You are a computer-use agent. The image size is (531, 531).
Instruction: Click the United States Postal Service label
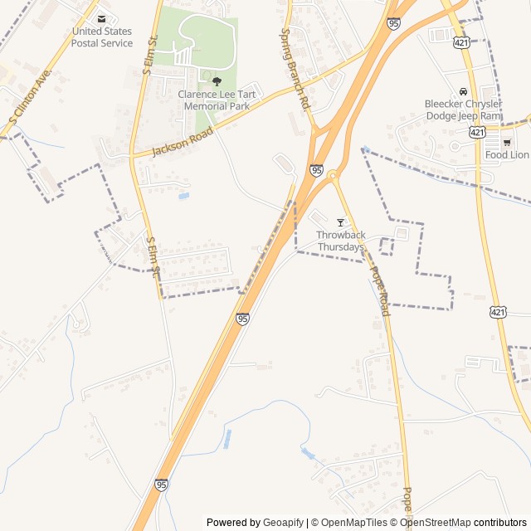click(x=101, y=37)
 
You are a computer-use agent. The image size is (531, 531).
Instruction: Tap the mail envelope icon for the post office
click(x=101, y=18)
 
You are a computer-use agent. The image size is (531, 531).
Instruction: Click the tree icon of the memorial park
click(x=217, y=81)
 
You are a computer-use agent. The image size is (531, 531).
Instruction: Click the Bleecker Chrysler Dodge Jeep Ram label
click(x=462, y=110)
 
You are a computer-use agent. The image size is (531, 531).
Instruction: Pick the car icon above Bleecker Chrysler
click(x=462, y=91)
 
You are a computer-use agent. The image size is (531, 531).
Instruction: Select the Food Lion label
click(x=507, y=155)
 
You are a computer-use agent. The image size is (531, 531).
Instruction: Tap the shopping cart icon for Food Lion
click(x=507, y=142)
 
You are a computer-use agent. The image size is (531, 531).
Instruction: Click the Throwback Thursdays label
click(x=340, y=241)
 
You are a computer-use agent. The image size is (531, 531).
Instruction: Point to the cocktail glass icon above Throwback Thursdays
click(x=340, y=223)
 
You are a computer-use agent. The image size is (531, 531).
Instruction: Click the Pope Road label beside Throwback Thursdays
click(x=379, y=290)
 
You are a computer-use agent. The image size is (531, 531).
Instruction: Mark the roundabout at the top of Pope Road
click(x=332, y=175)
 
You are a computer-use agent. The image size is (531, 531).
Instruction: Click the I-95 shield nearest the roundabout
click(x=316, y=170)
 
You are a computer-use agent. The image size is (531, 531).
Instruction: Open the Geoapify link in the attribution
click(x=283, y=523)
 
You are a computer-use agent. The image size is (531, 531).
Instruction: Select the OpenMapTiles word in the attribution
click(x=353, y=523)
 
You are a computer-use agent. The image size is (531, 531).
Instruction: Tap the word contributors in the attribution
click(x=500, y=523)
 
